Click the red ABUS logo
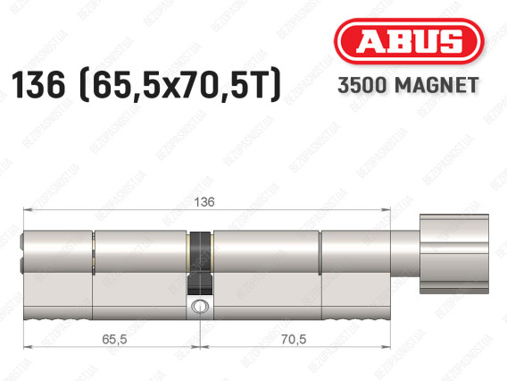coord(409,41)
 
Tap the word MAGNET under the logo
coord(436,85)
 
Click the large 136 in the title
coord(38,85)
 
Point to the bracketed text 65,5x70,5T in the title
coord(179,85)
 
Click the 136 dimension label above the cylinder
coord(204,202)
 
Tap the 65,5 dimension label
coord(114,339)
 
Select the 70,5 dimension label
coord(294,339)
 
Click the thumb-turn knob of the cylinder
coord(454,254)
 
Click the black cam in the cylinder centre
coord(201,263)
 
